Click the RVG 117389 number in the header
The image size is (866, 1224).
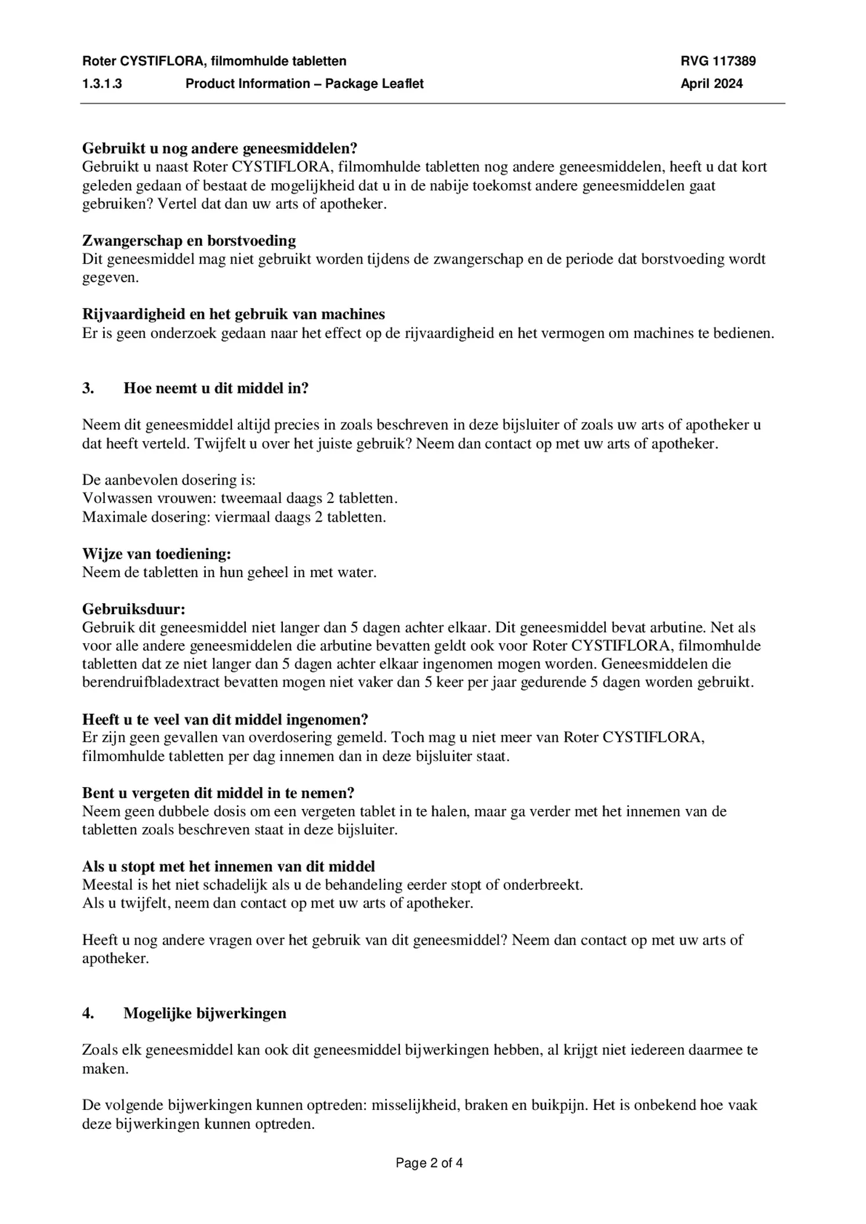(x=718, y=61)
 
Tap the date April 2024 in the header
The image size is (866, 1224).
(x=711, y=83)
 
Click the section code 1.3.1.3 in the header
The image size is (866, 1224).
(x=102, y=83)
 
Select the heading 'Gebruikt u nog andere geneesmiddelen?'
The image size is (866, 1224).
(x=220, y=148)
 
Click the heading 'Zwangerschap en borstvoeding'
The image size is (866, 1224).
(x=189, y=241)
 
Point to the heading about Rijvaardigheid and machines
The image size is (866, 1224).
(x=234, y=314)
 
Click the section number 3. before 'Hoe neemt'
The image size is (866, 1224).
(x=88, y=388)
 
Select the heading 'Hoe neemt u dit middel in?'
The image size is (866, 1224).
(x=216, y=388)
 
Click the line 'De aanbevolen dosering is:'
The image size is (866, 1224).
(x=169, y=480)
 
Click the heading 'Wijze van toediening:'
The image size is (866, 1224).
(x=157, y=554)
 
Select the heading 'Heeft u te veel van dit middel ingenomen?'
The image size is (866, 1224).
(x=225, y=719)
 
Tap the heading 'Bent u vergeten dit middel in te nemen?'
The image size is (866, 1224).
(x=218, y=793)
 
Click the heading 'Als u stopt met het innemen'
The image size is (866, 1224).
(x=228, y=866)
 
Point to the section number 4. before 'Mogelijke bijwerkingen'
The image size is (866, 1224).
(x=88, y=1013)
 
